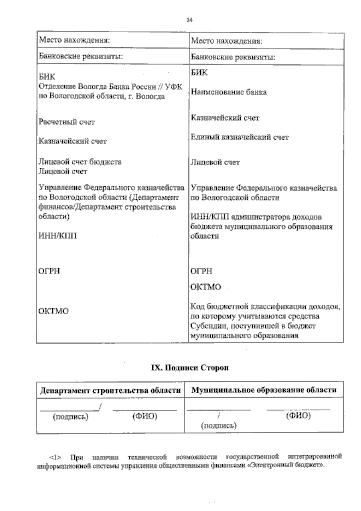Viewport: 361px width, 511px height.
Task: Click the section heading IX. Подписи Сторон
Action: tap(190, 368)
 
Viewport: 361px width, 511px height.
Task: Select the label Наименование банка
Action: tap(229, 92)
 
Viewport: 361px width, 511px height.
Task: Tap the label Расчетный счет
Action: tap(66, 122)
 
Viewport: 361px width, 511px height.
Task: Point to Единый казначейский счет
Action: tap(240, 137)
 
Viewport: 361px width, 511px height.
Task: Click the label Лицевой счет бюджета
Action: tap(80, 162)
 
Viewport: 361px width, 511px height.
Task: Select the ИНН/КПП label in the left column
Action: tap(57, 235)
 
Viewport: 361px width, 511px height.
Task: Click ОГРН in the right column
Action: tap(201, 271)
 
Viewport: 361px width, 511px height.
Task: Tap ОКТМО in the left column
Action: tap(54, 311)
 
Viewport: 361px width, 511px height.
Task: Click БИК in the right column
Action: tap(199, 73)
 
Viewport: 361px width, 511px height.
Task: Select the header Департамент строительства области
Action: tap(110, 391)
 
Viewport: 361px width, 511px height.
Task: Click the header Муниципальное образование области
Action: tap(264, 390)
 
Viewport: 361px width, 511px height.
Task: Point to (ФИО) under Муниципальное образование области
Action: tap(298, 416)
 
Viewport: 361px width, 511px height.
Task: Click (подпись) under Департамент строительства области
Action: tap(71, 417)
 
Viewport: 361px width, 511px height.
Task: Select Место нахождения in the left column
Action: tap(74, 40)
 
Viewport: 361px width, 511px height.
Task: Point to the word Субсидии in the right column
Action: tap(208, 326)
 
